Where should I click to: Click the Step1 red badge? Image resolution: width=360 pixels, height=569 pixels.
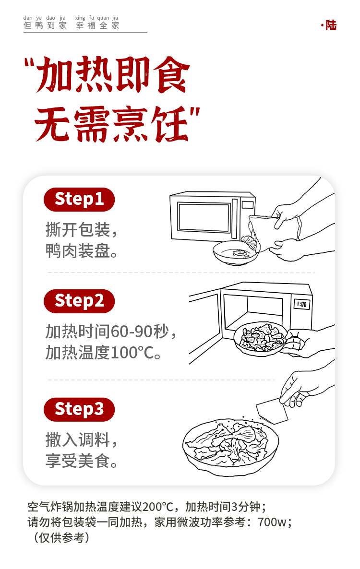79,199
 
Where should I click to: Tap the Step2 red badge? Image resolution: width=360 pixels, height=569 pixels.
79,301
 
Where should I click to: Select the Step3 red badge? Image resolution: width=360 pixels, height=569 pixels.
79,409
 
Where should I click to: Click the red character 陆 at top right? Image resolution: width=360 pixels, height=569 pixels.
331,25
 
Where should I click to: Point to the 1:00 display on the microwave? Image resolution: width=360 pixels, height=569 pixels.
301,304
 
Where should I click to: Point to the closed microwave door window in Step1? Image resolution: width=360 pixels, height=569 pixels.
204,217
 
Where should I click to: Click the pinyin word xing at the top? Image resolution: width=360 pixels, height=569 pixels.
80,18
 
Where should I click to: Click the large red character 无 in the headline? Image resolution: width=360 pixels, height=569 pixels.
53,124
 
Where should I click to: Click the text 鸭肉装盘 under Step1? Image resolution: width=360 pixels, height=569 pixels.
78,251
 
